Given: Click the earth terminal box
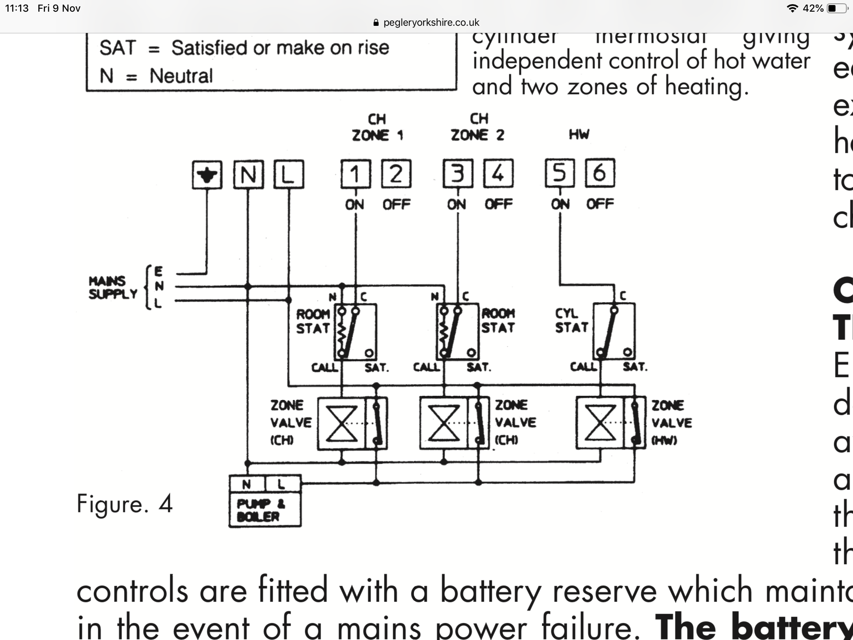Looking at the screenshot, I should (x=207, y=175).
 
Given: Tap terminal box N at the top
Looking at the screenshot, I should (x=248, y=175).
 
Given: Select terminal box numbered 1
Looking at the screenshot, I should (x=355, y=174).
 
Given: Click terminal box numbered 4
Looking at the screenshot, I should (x=498, y=173).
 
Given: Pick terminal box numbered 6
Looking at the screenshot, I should (x=600, y=173).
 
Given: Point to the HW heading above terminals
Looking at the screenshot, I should (x=579, y=135).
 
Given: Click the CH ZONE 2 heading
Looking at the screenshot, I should (x=478, y=127).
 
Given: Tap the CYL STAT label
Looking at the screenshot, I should (x=571, y=320).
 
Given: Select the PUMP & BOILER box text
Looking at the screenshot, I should (x=258, y=510).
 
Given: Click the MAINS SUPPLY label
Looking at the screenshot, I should (x=112, y=287).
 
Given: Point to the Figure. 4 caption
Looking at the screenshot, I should (x=125, y=504).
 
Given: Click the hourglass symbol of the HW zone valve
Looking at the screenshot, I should (x=600, y=423).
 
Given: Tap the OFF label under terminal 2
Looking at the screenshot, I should (x=397, y=205).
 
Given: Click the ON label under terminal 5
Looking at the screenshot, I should (x=560, y=204).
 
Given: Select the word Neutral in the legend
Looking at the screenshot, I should (x=181, y=76).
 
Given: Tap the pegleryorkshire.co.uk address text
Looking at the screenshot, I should (x=431, y=22).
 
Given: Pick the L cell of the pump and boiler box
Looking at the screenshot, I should (x=282, y=484).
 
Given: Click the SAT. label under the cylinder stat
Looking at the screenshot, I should (x=635, y=367).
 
